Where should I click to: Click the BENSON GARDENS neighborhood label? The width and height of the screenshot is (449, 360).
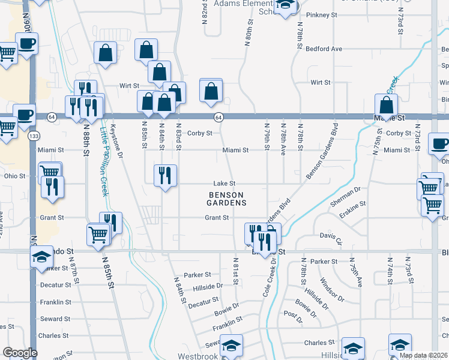[228, 199]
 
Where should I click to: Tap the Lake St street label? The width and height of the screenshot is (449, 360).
[224, 184]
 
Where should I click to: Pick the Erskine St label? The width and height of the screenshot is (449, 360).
[353, 207]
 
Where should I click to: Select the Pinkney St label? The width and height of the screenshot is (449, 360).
[319, 14]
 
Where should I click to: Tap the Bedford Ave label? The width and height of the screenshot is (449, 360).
[324, 49]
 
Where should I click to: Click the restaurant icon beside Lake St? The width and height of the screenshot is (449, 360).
[165, 175]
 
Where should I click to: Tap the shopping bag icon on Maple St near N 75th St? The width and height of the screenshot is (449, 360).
[387, 105]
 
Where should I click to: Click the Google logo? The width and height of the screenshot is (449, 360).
[20, 353]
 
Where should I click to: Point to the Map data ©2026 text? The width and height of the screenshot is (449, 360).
[423, 355]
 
